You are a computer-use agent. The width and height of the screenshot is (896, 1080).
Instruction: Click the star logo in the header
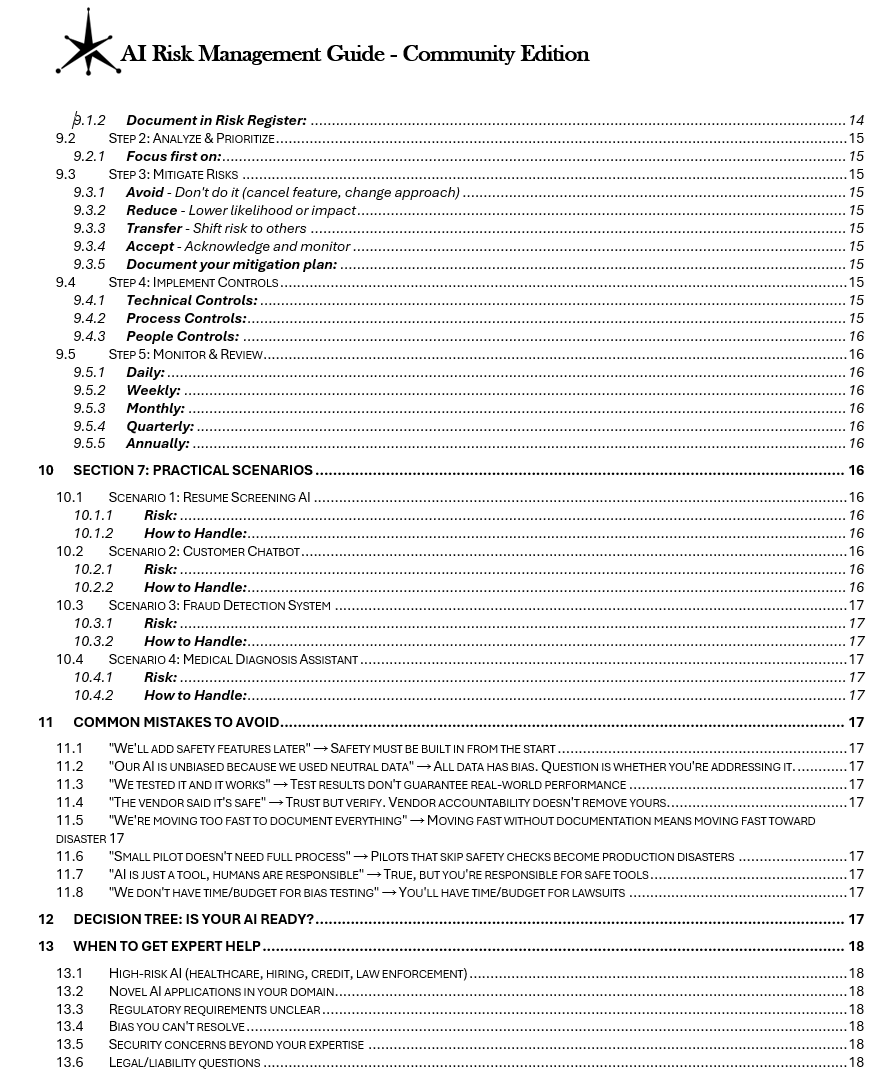pyautogui.click(x=87, y=43)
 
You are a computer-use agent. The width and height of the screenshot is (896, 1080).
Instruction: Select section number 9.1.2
pyautogui.click(x=90, y=120)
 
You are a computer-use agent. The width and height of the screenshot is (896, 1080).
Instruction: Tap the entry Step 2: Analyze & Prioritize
pyautogui.click(x=191, y=138)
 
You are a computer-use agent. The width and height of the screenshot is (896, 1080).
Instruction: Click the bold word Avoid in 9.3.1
pyautogui.click(x=145, y=192)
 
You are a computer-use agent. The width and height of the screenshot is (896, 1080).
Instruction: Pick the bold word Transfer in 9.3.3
pyautogui.click(x=154, y=228)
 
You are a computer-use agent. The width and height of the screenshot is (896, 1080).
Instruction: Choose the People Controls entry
pyautogui.click(x=182, y=336)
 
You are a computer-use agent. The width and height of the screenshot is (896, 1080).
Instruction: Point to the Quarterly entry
pyautogui.click(x=160, y=426)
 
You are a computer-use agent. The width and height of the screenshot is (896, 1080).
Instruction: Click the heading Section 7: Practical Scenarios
pyautogui.click(x=193, y=470)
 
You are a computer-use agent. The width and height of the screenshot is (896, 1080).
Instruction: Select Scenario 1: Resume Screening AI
pyautogui.click(x=209, y=497)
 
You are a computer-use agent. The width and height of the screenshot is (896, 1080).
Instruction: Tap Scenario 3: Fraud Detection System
pyautogui.click(x=219, y=605)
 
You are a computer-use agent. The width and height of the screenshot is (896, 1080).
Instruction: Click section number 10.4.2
pyautogui.click(x=93, y=695)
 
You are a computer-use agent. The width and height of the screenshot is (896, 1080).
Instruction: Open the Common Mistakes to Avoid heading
pyautogui.click(x=176, y=722)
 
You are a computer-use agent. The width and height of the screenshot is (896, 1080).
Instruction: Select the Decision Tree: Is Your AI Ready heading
pyautogui.click(x=193, y=919)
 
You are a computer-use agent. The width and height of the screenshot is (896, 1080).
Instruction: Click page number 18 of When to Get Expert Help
pyautogui.click(x=856, y=946)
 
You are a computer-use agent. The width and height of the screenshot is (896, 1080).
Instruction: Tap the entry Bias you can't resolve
pyautogui.click(x=176, y=1026)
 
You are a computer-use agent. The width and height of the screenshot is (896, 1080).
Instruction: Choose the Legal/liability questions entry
pyautogui.click(x=184, y=1062)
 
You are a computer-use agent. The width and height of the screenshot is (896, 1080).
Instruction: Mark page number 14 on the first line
pyautogui.click(x=856, y=120)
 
